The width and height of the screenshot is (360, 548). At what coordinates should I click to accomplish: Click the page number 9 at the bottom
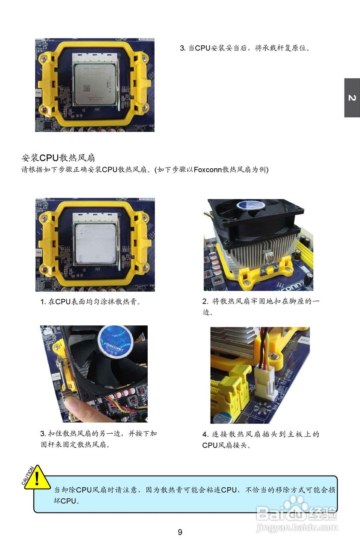click(180, 532)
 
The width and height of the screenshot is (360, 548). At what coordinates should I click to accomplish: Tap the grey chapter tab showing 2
click(352, 98)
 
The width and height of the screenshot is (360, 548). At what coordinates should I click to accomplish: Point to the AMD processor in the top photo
click(95, 82)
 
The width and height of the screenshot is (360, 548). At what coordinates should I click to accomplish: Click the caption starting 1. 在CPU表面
click(91, 302)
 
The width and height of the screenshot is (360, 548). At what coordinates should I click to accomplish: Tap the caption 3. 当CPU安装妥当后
click(244, 48)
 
